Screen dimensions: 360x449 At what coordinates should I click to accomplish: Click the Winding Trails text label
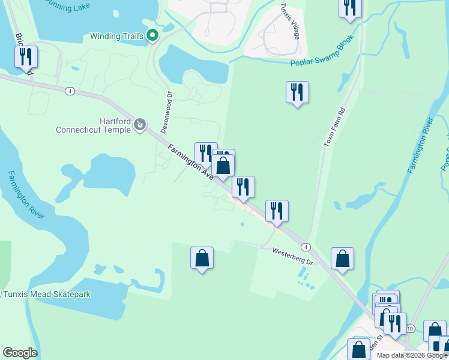[116, 36]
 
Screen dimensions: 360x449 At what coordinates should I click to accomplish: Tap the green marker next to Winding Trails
[152, 36]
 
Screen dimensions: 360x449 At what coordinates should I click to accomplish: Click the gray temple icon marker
[140, 125]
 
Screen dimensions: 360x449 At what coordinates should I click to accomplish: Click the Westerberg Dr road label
[293, 257]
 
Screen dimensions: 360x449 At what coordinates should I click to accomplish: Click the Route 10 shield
[410, 329]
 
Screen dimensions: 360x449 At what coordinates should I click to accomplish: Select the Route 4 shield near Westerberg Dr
[306, 247]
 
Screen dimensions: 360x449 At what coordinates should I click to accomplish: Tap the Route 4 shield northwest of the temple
[70, 91]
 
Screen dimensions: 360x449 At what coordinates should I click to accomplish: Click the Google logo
[20, 353]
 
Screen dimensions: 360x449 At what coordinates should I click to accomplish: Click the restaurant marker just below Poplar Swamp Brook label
[297, 92]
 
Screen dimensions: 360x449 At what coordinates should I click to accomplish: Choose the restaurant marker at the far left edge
[26, 57]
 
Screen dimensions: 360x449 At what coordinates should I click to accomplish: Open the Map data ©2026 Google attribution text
[412, 355]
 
